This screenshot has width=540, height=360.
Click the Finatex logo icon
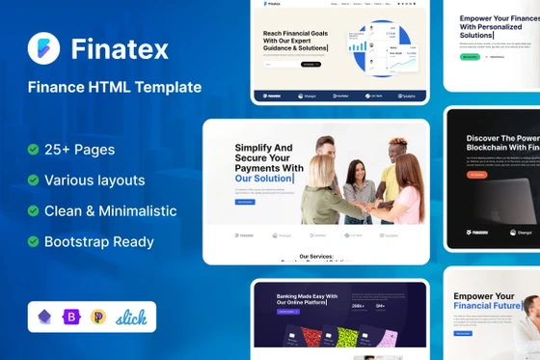[42, 47]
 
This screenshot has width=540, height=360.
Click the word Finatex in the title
[118, 47]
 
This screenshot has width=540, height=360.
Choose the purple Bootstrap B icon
[71, 317]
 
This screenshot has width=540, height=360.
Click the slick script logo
[132, 317]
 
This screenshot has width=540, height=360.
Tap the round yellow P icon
[97, 317]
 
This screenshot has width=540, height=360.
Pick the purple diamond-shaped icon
[44, 317]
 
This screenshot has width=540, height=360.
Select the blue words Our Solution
[266, 180]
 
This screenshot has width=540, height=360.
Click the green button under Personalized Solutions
[470, 57]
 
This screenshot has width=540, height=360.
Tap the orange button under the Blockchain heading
[476, 176]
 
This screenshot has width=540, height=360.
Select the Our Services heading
[315, 257]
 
